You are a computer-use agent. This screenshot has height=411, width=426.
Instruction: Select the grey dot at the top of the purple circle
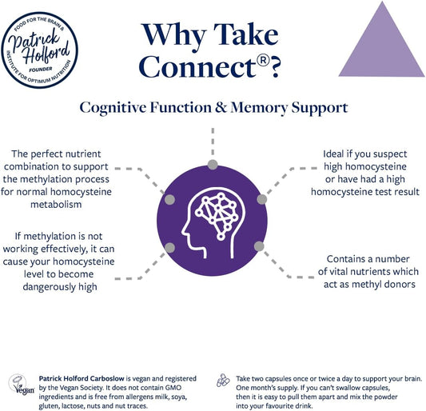click(x=212, y=165)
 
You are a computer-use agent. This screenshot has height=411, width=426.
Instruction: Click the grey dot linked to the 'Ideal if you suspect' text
click(x=261, y=198)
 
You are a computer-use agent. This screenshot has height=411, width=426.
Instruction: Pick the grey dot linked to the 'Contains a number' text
click(x=259, y=246)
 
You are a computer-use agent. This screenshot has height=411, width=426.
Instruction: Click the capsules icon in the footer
click(x=224, y=381)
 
